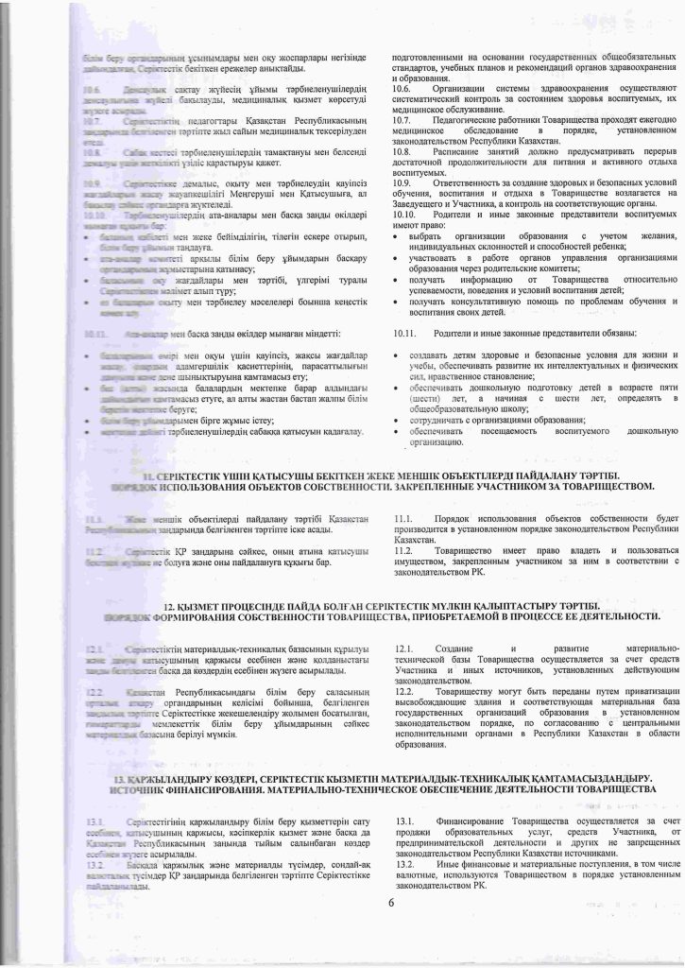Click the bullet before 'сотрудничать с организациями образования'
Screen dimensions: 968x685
[x=398, y=419]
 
